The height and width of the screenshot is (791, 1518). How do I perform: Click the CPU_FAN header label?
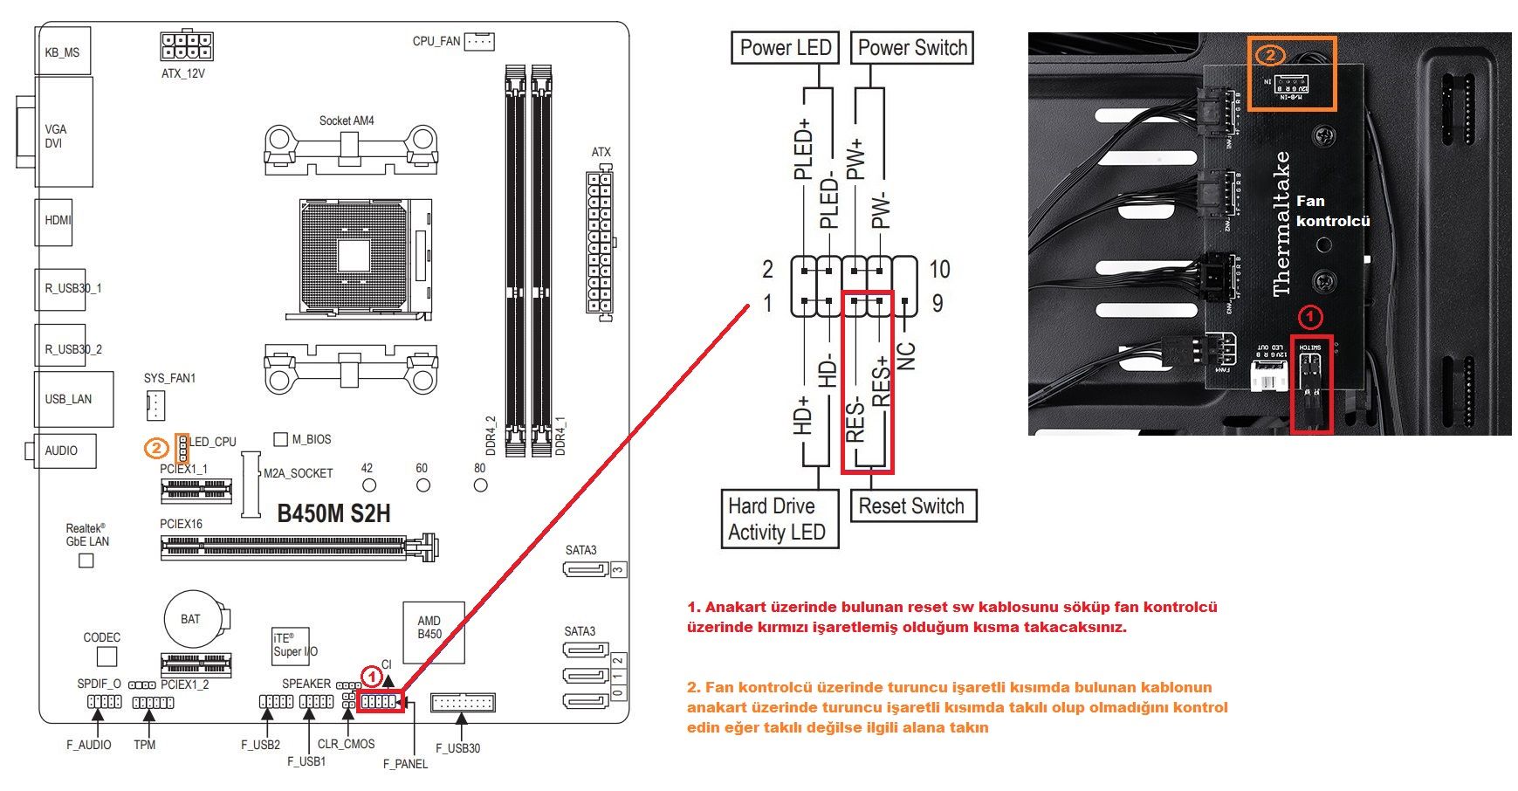click(x=436, y=41)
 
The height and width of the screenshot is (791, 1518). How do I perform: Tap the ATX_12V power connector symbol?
click(x=187, y=46)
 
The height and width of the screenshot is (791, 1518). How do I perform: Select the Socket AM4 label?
click(x=347, y=120)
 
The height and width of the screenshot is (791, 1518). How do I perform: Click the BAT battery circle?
click(x=190, y=619)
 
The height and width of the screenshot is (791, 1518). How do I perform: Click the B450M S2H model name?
click(x=333, y=513)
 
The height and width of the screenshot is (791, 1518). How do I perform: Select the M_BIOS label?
click(x=311, y=439)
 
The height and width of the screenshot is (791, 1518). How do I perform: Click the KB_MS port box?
click(x=62, y=52)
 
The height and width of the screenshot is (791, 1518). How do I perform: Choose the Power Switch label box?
click(x=912, y=48)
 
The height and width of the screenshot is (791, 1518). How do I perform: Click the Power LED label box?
click(x=785, y=48)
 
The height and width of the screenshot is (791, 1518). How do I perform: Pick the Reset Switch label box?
click(x=911, y=506)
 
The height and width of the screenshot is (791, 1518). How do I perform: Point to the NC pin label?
click(x=907, y=355)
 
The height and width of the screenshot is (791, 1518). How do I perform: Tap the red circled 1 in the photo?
click(x=1311, y=315)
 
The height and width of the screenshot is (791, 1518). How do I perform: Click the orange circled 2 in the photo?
click(x=1270, y=55)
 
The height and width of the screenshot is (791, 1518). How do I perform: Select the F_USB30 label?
click(x=457, y=748)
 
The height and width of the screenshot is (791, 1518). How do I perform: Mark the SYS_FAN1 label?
click(x=169, y=378)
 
